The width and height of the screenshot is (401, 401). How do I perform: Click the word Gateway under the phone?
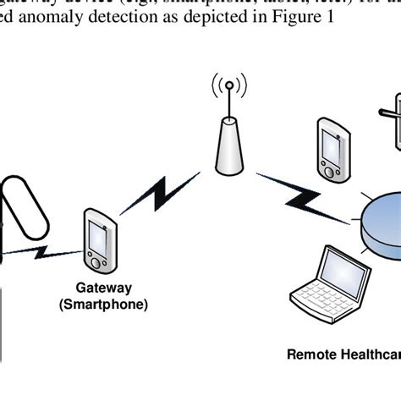[x=103, y=288]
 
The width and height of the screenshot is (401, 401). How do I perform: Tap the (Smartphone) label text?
[x=103, y=305]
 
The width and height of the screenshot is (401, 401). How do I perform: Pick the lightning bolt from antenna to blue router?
[x=292, y=191]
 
